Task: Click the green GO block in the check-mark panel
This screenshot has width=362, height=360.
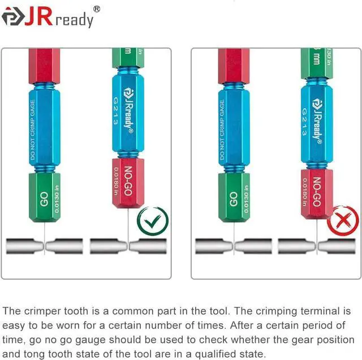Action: (x=45, y=197)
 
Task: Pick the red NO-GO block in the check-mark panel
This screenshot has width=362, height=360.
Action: (x=128, y=183)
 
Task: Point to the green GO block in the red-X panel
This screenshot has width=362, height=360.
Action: (x=234, y=197)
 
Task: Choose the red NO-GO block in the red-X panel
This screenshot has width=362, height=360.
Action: (x=317, y=193)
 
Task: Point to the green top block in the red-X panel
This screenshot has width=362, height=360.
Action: (x=317, y=62)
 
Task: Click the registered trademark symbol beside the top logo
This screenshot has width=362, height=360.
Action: (x=97, y=9)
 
